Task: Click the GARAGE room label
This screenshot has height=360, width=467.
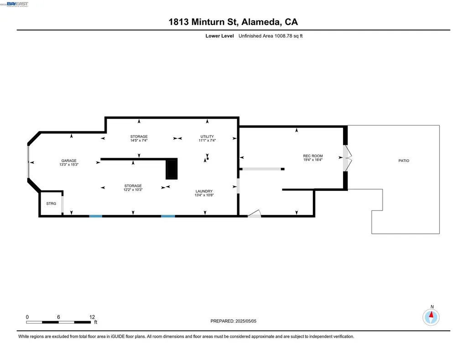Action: (x=69, y=160)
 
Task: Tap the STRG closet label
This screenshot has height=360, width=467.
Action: (x=51, y=203)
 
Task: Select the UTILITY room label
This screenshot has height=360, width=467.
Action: (x=207, y=137)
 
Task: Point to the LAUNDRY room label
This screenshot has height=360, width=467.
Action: (x=204, y=191)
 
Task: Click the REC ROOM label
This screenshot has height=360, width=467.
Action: (x=313, y=156)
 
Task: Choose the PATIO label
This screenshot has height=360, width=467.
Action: (x=404, y=160)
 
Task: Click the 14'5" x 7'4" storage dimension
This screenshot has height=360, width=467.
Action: (x=139, y=141)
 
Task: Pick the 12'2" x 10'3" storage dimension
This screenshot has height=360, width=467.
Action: (x=133, y=190)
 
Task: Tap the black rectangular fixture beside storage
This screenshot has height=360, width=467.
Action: (x=171, y=169)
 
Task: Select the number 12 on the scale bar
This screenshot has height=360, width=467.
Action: (x=92, y=317)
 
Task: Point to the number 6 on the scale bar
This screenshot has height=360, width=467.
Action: (x=59, y=317)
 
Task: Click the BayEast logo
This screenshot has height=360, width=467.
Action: (x=17, y=4)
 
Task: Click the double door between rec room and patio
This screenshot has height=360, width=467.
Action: (x=347, y=158)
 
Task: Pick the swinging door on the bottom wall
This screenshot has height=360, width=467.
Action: (x=254, y=214)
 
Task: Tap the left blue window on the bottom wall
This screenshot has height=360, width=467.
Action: (x=95, y=216)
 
